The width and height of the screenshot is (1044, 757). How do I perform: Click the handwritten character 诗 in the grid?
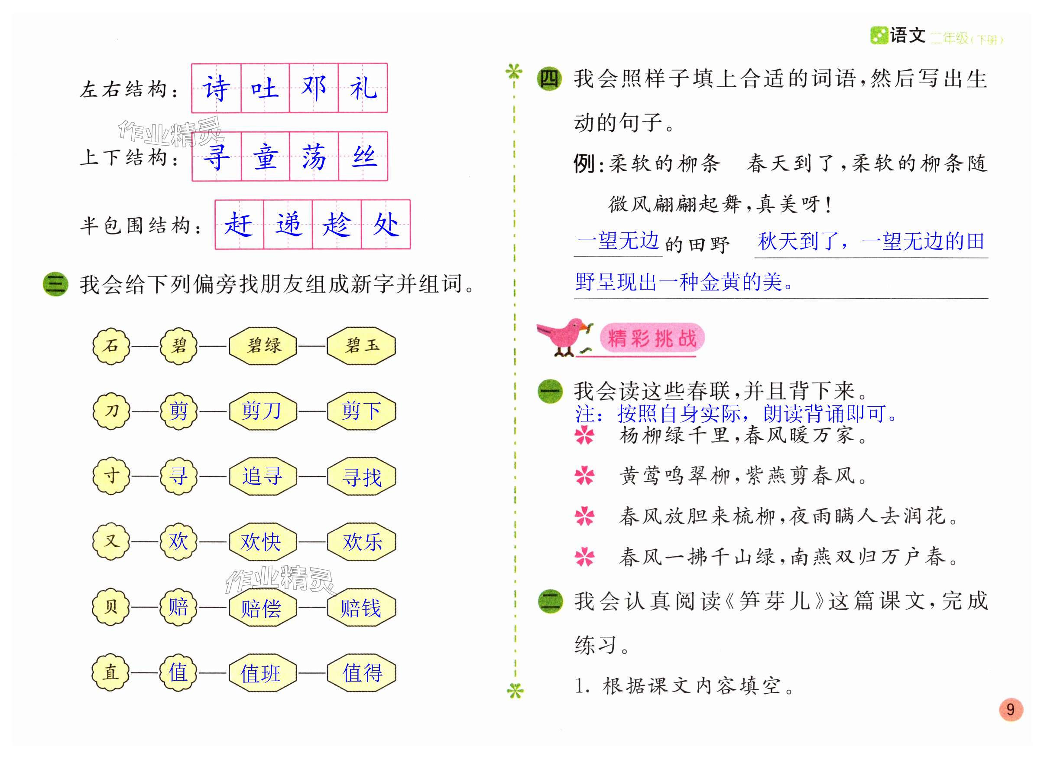tap(216, 88)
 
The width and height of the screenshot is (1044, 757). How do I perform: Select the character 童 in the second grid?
tap(265, 157)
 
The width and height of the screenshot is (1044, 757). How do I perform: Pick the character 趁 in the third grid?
tap(337, 225)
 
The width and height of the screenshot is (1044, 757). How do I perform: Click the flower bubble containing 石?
tap(110, 346)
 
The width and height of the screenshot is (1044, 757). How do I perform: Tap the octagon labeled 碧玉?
tap(361, 346)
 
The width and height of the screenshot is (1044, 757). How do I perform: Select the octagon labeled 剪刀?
tap(263, 411)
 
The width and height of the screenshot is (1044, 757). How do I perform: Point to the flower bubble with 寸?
tap(110, 476)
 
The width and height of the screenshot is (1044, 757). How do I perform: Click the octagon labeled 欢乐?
tap(361, 542)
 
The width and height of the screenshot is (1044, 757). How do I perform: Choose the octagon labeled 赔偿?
tap(263, 607)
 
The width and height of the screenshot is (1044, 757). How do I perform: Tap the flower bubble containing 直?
tap(110, 672)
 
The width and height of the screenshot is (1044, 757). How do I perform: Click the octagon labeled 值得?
tap(361, 672)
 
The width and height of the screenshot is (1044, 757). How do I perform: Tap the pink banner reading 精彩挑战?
tap(652, 339)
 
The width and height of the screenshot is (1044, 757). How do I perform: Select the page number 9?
tap(1010, 710)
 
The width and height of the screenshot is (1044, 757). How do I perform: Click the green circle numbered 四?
tap(549, 79)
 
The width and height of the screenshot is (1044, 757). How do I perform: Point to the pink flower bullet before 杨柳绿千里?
tap(585, 435)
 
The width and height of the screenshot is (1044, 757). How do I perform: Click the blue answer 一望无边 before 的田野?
tap(618, 241)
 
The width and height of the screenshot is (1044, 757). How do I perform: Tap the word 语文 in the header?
tap(907, 36)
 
